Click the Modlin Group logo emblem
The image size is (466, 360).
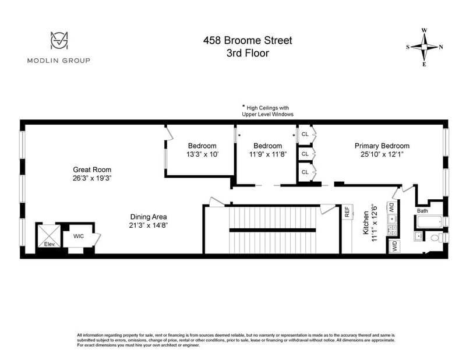[59, 40]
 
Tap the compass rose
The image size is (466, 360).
[425, 47]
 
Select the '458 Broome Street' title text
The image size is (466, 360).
[248, 40]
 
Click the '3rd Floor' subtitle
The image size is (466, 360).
[248, 53]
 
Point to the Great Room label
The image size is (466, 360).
[92, 170]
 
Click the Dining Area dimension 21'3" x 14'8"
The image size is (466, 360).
[149, 225]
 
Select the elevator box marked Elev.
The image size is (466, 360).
[49, 236]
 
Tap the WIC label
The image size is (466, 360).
[79, 237]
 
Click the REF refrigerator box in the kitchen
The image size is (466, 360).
[347, 211]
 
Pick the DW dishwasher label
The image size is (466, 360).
[391, 207]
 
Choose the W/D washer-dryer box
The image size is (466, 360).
[395, 246]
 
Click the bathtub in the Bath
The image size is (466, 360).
[429, 221]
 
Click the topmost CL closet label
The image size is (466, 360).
[305, 134]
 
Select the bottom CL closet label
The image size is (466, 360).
[305, 172]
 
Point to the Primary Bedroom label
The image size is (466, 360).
[382, 146]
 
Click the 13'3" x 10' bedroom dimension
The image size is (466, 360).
[202, 154]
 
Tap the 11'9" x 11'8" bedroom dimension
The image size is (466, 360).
[268, 154]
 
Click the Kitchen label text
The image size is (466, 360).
[366, 223]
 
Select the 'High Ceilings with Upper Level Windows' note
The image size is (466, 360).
[267, 111]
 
